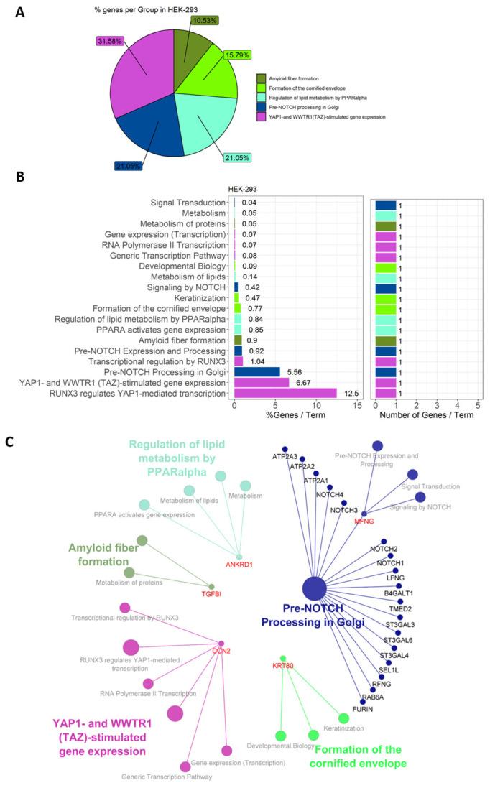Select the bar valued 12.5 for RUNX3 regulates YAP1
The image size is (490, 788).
pyautogui.click(x=285, y=393)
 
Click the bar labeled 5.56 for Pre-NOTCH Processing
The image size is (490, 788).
pyautogui.click(x=257, y=371)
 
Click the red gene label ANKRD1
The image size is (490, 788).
pyautogui.click(x=241, y=565)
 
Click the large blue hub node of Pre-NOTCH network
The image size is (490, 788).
pyautogui.click(x=314, y=588)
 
